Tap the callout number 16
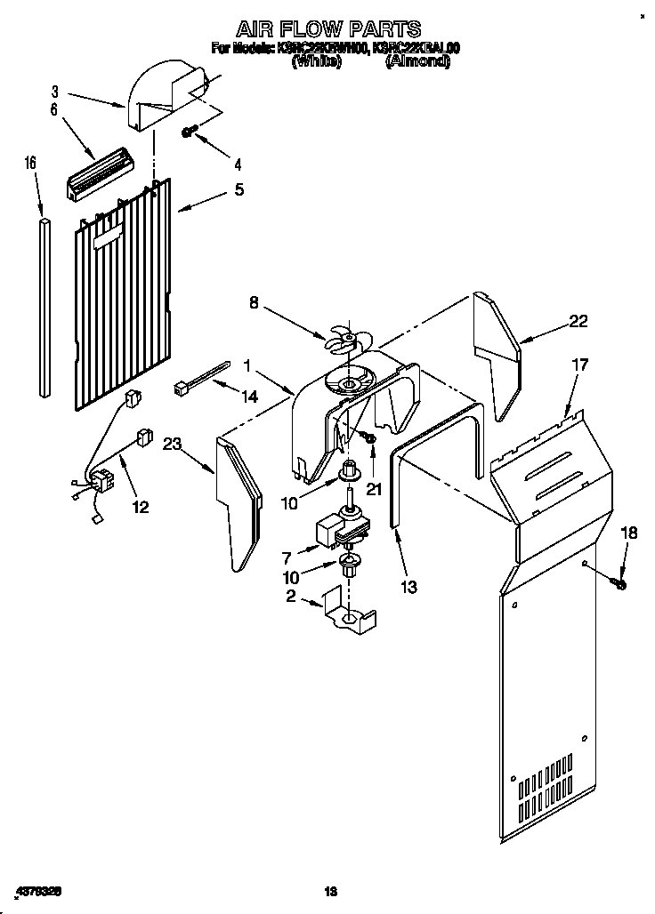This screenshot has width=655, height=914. [x=30, y=163]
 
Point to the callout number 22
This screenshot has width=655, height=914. [x=578, y=322]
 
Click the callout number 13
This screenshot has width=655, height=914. [x=409, y=586]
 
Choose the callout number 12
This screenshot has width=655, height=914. [x=141, y=507]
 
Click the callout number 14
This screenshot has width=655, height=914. [x=250, y=397]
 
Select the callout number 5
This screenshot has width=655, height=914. [x=239, y=188]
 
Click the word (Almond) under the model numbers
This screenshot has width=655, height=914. [x=417, y=62]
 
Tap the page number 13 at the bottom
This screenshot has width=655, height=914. [x=330, y=891]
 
